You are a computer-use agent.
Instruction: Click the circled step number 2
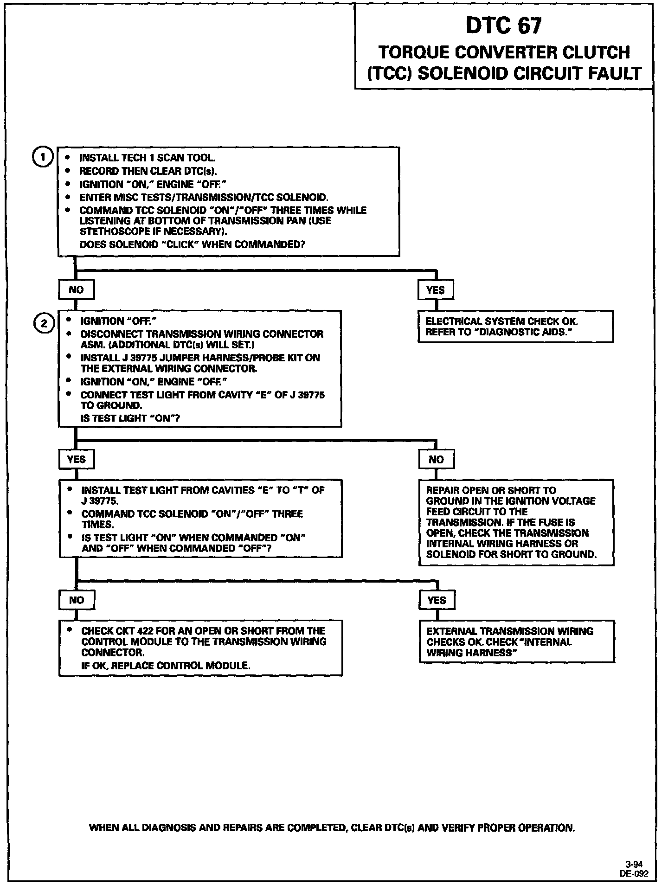(44, 323)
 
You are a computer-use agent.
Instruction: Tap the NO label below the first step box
(76, 290)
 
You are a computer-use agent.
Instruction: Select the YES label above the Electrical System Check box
(435, 290)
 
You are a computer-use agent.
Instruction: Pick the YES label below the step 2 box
(77, 460)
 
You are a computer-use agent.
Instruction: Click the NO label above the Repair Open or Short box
(436, 460)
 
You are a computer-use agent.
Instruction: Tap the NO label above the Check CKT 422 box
(77, 600)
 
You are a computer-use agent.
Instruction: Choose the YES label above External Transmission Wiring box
(437, 600)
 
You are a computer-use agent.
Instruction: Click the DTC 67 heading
(503, 26)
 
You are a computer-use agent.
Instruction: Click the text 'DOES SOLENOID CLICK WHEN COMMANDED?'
(192, 244)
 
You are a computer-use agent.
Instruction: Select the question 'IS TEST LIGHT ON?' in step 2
(130, 418)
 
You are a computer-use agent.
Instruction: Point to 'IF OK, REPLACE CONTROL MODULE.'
(166, 666)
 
